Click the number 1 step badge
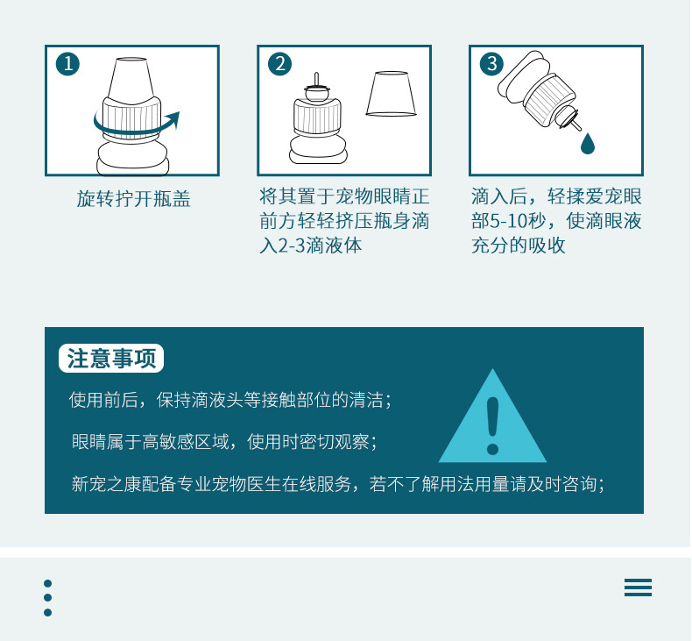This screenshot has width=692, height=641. coord(68,64)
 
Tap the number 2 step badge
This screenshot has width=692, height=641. coord(279,64)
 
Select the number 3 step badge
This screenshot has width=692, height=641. coord(491,64)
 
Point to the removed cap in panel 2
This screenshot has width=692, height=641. coord(391,94)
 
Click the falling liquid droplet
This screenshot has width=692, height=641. coord(588,144)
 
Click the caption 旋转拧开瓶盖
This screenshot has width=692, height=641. coord(133,199)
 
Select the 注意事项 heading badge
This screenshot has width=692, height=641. coord(111,359)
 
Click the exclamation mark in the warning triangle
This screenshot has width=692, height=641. coord(492,425)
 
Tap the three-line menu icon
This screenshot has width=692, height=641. coord(638,588)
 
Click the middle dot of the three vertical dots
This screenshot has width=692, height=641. coord(47,598)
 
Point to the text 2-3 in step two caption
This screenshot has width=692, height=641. coord(292,246)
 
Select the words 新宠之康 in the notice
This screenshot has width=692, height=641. coord(106,484)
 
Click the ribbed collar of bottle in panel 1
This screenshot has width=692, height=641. coord(131,118)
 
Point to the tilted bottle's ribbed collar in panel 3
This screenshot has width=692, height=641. coord(549,101)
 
